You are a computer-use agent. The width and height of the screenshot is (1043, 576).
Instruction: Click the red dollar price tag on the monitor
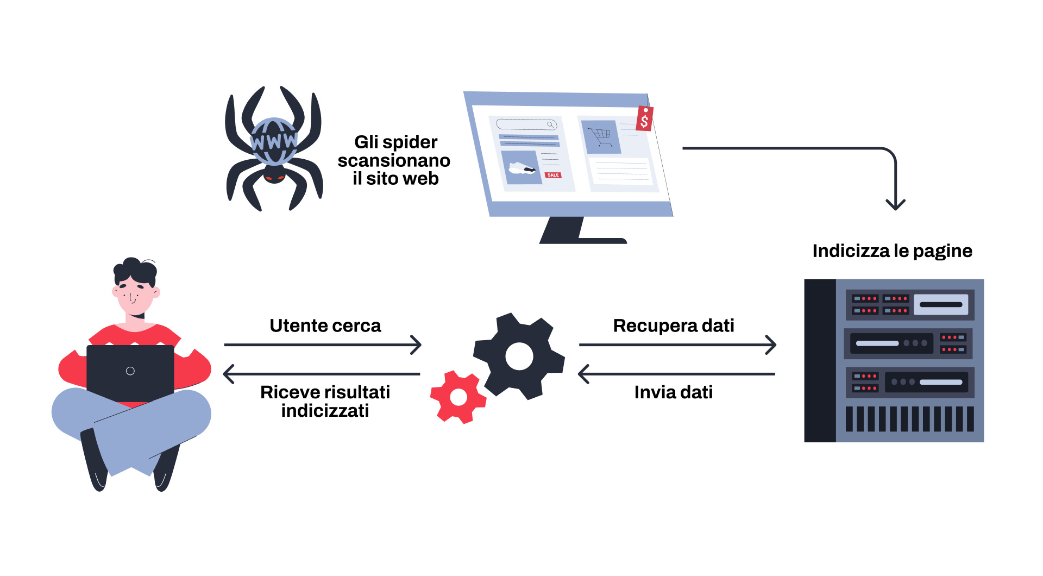coord(644,118)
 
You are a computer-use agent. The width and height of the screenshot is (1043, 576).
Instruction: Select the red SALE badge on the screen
coord(552,175)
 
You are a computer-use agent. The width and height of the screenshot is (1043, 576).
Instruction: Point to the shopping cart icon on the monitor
coord(601,136)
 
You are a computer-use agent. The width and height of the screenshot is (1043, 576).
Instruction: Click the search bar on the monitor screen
coord(526,124)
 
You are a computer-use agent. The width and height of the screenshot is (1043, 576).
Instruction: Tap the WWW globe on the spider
coord(274,141)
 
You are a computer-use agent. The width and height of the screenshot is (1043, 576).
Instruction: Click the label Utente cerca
coord(325,325)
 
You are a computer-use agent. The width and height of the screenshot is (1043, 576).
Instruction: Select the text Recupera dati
coord(673,325)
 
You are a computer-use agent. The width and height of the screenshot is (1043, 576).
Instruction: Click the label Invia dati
coord(673,392)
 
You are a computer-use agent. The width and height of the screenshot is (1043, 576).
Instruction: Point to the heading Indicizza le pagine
coord(892,251)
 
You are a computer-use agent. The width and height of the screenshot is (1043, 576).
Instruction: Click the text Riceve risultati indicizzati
coord(325,401)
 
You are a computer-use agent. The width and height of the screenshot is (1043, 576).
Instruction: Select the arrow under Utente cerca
coord(323,345)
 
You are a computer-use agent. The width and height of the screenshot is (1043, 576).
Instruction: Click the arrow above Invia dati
coord(676,374)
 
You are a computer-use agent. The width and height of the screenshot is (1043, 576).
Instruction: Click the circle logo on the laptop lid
coord(130,371)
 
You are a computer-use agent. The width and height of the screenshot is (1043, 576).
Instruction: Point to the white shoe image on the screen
coord(521,168)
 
